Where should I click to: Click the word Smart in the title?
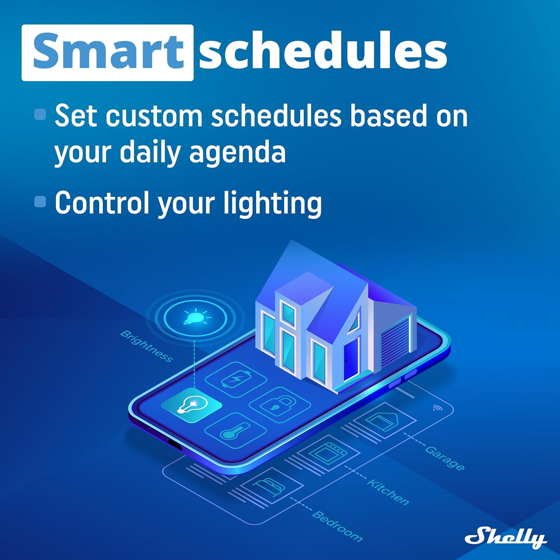tap(108, 52)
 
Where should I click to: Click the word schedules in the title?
tap(323, 52)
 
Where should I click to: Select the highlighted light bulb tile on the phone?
tap(192, 405)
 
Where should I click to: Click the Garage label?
tap(445, 458)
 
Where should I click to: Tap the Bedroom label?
tap(337, 526)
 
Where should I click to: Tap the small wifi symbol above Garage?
tap(437, 408)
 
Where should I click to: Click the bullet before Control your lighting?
tap(40, 202)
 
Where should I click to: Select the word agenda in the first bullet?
tap(237, 152)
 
